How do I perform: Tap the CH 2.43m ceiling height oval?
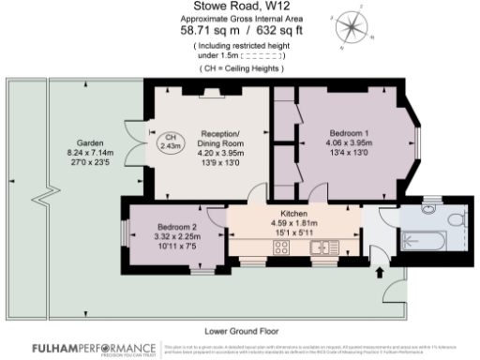point(170,142)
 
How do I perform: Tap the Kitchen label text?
point(281,214)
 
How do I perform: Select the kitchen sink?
point(328,247)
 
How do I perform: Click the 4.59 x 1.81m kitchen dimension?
point(281,223)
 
